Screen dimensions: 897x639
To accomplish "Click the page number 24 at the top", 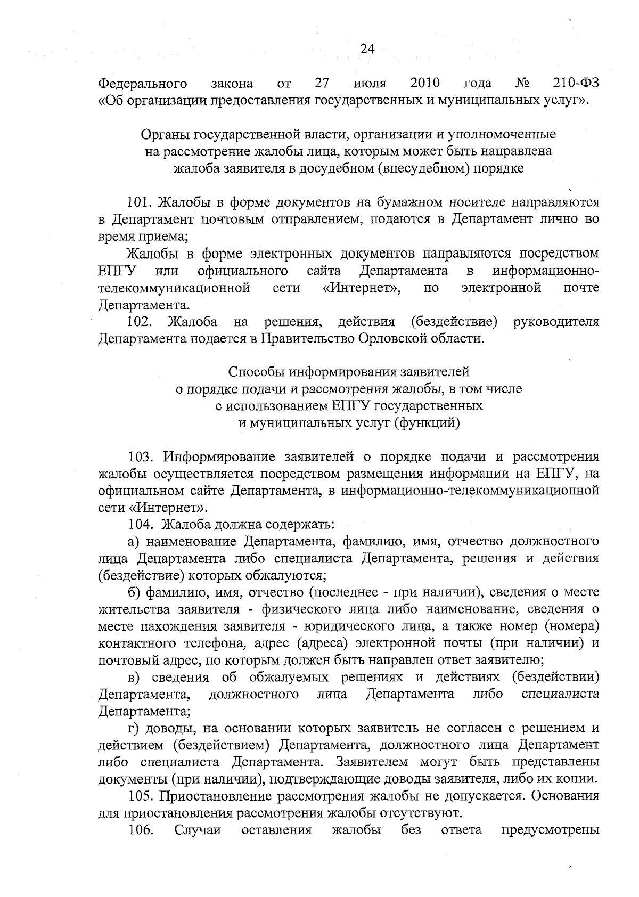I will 367,49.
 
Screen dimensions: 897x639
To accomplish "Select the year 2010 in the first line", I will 425,83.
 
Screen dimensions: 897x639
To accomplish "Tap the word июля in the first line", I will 370,84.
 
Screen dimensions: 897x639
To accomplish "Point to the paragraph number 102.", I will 140,322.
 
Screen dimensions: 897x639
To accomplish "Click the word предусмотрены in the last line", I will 550,830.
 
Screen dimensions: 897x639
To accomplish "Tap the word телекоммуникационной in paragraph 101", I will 174,288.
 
